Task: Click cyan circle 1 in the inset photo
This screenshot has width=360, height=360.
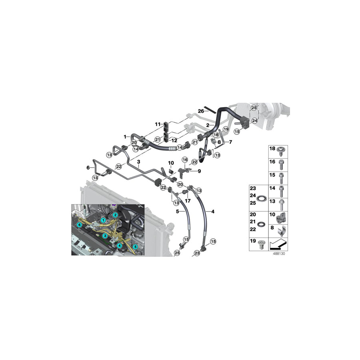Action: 104,220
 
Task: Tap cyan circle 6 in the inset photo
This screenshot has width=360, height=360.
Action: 80,225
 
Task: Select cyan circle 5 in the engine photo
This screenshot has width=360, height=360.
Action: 135,247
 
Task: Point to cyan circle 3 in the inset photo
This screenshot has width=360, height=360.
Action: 105,236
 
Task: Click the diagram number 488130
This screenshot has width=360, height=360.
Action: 279,254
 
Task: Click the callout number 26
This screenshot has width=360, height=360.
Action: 201,111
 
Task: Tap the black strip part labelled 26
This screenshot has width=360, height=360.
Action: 210,110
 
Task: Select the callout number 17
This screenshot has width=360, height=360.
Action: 188,201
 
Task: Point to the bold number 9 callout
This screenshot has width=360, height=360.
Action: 199,171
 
